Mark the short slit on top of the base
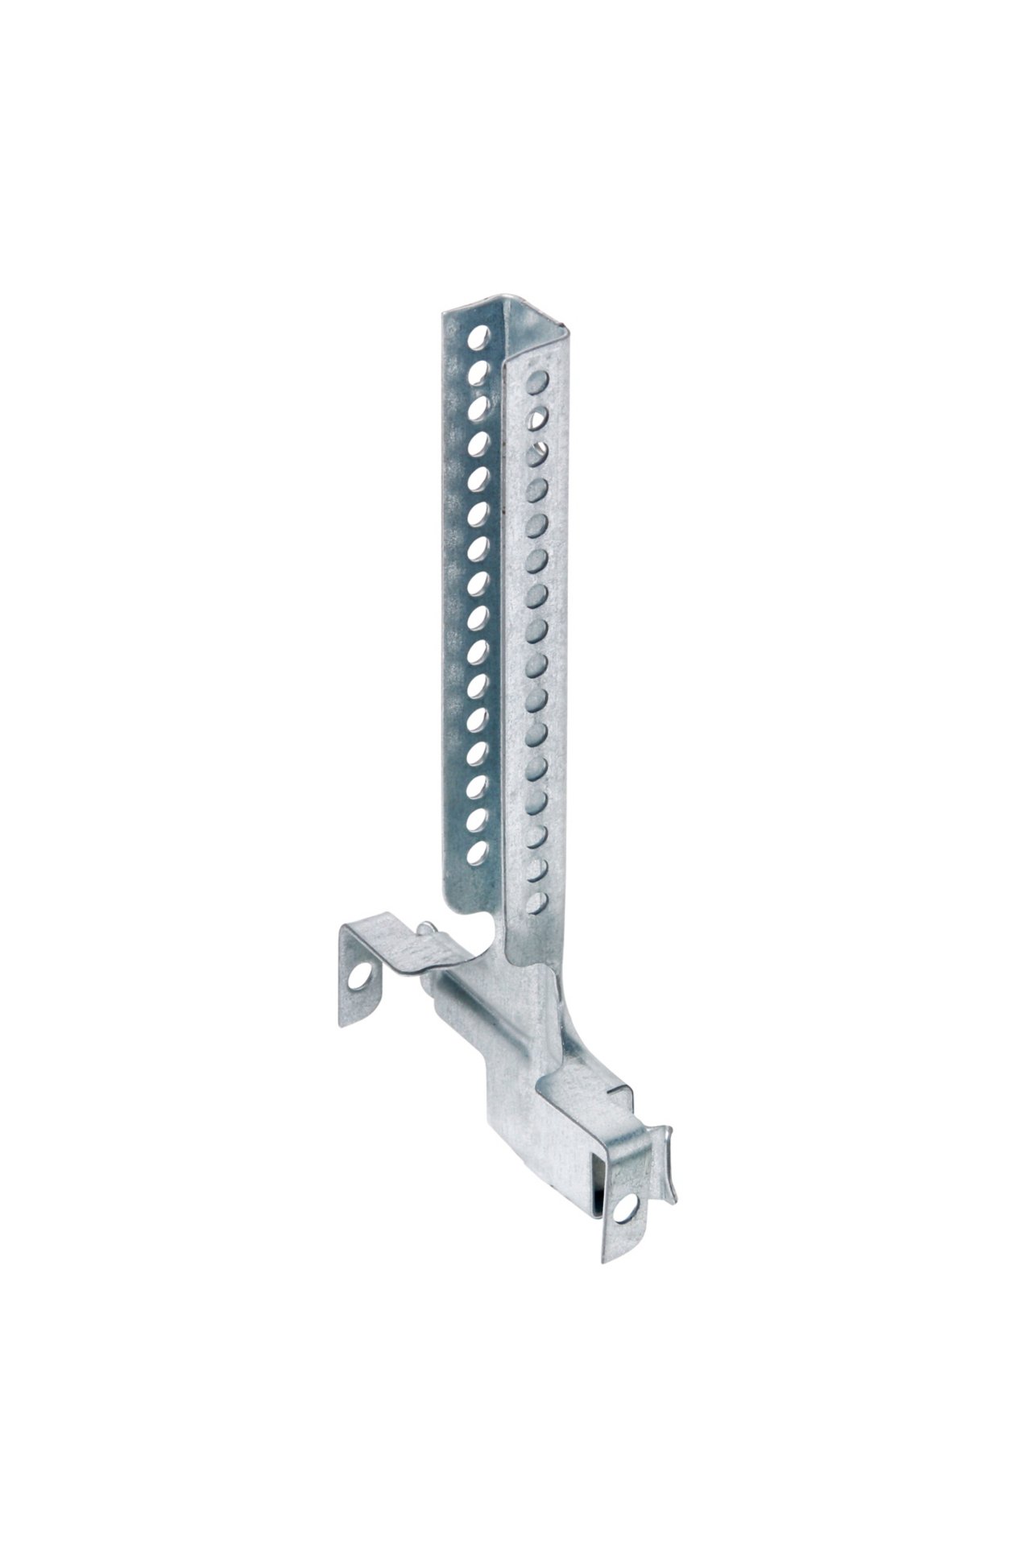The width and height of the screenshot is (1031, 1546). [620, 1093]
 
